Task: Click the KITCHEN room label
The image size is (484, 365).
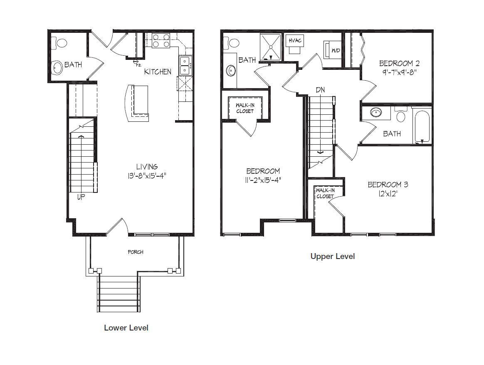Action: (158, 72)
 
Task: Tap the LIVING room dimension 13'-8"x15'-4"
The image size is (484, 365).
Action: (147, 176)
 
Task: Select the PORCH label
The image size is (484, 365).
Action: (136, 252)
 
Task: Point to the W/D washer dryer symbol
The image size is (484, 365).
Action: (332, 49)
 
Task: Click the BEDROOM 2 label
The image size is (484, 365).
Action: (400, 63)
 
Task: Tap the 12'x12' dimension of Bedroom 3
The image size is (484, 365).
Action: (388, 194)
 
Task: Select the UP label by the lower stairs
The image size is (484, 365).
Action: (81, 197)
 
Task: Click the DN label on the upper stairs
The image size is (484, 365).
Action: (320, 90)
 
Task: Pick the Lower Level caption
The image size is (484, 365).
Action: (126, 328)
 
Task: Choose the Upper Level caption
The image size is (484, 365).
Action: (333, 256)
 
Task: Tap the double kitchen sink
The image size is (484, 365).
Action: (185, 65)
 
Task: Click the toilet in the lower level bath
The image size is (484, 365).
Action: (59, 43)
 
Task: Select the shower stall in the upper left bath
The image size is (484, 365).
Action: (271, 47)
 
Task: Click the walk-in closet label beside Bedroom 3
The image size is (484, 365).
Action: (325, 193)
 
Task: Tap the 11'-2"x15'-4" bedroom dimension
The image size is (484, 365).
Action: (263, 180)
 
